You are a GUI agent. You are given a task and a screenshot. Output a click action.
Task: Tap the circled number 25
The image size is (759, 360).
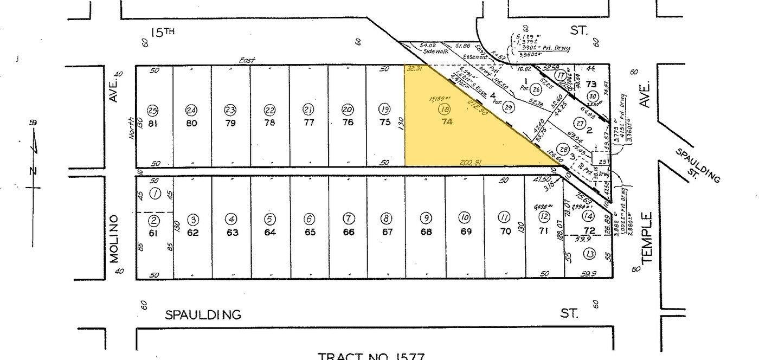(153, 110)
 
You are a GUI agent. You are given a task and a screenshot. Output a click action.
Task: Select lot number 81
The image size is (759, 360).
(153, 123)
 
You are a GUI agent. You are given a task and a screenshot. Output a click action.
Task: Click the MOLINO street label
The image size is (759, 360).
(114, 239)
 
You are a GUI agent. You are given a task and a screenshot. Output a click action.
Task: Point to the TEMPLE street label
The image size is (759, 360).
(647, 237)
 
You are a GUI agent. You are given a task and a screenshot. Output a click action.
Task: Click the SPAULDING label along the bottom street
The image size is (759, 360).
(203, 314)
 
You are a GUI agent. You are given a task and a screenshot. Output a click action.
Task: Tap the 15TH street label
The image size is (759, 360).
(163, 33)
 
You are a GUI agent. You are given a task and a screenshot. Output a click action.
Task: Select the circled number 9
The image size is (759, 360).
(426, 218)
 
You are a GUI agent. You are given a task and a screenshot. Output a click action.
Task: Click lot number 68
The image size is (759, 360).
(426, 233)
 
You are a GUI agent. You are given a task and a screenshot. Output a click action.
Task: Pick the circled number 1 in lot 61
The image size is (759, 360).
(155, 194)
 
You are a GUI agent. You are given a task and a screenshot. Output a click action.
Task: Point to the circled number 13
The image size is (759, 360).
(589, 254)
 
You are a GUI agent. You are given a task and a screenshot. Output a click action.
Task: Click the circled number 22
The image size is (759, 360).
(269, 110)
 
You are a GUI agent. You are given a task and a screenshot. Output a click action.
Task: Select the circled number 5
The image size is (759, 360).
(269, 219)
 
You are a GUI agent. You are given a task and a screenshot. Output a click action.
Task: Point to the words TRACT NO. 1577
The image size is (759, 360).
(371, 356)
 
